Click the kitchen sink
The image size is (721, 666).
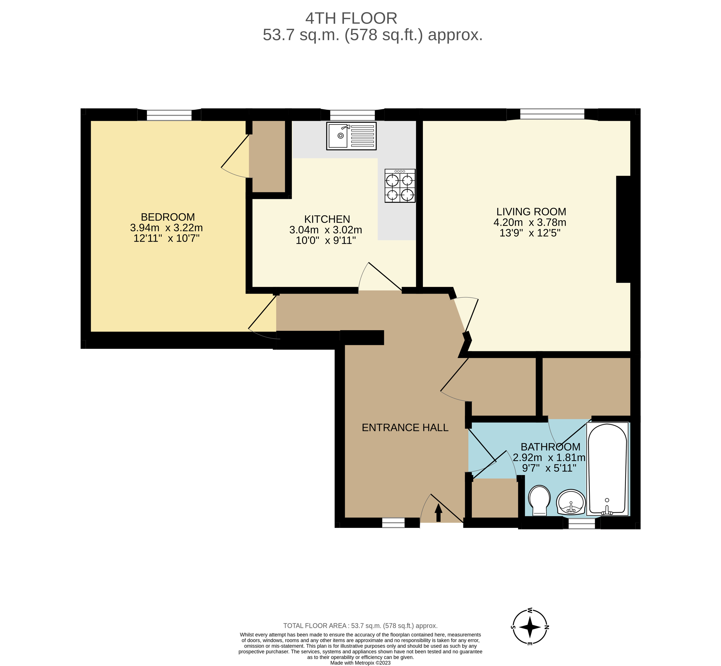351,136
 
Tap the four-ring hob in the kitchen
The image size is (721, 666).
400,186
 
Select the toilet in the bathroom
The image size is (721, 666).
539,500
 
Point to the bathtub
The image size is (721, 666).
607,468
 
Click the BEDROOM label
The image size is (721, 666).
168,217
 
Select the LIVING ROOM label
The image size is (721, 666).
531,212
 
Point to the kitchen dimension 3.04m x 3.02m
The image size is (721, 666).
326,230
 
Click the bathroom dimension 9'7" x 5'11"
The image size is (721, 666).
549,468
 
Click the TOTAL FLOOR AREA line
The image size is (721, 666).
360,626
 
